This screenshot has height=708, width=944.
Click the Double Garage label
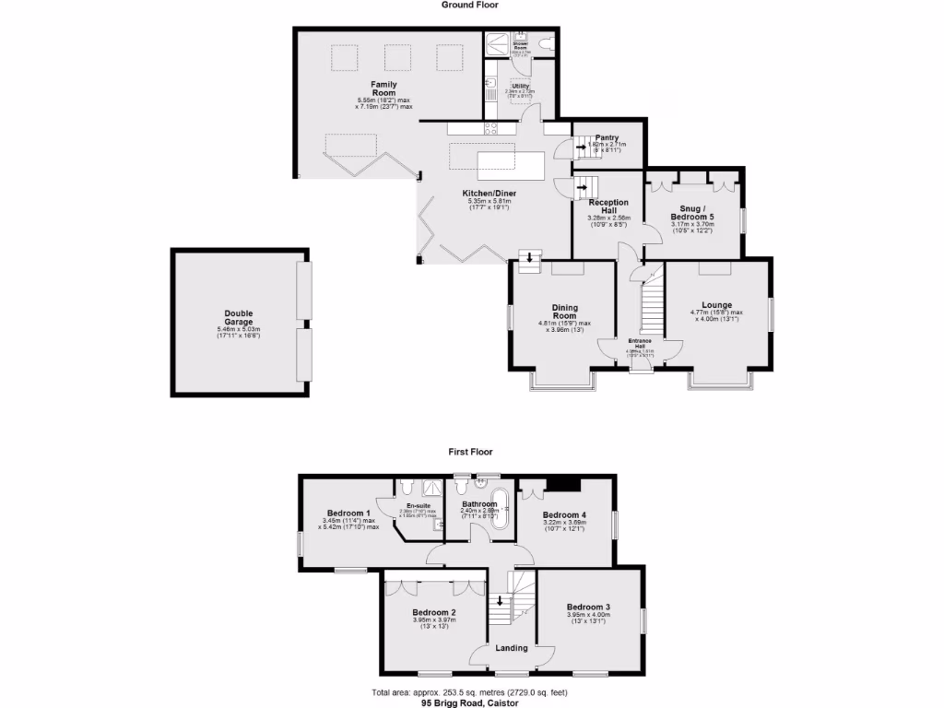[x=238, y=317]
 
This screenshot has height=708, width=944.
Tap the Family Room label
[x=383, y=89]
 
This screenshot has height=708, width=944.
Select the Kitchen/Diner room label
[x=490, y=194]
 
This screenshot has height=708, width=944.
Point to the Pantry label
[x=606, y=138]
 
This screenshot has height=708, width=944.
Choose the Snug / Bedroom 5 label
[x=692, y=211]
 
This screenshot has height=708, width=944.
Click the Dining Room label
[x=564, y=313]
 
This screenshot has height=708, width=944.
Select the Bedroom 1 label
[x=348, y=513]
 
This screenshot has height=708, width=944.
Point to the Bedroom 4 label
[x=564, y=514]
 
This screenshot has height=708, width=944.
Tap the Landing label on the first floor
[x=512, y=648]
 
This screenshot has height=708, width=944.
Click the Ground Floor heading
[x=470, y=5]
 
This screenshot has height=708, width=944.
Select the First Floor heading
[x=470, y=452]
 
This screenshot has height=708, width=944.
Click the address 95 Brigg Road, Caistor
[x=471, y=702]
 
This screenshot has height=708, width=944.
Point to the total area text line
[x=471, y=692]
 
